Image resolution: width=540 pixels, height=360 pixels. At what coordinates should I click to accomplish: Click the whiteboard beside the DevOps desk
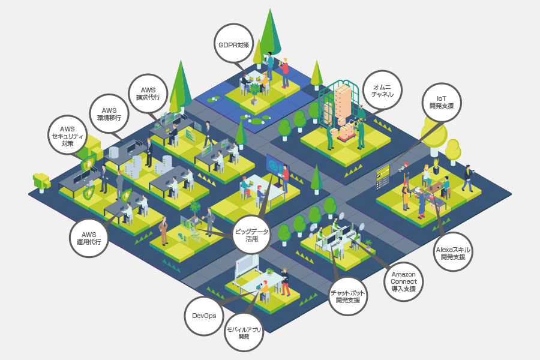(x=248, y=265)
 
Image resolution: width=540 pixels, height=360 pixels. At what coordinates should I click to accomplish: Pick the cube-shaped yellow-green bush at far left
(x=41, y=179)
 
